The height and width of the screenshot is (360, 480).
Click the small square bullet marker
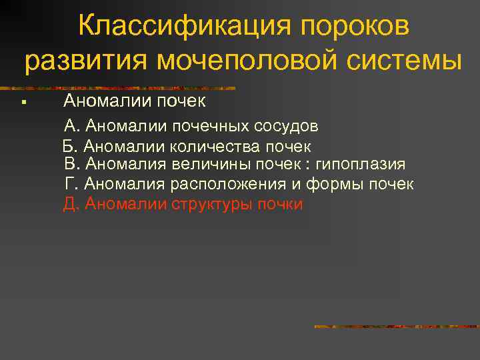click(23, 103)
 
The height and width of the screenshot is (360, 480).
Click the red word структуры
click(213, 204)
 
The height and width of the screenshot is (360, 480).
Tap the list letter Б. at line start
click(70, 146)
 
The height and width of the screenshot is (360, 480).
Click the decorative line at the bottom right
click(396, 327)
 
